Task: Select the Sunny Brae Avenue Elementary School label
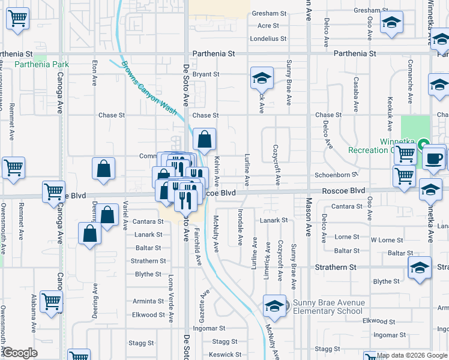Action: [x=328, y=307]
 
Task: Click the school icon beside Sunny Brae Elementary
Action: [x=275, y=306]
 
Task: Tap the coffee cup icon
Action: [x=434, y=157]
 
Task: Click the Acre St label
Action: [x=268, y=26]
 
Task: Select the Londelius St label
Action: [x=268, y=39]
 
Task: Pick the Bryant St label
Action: [x=206, y=74]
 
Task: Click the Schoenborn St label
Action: [x=336, y=175]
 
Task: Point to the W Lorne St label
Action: [x=382, y=240]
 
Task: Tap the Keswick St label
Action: [x=225, y=355]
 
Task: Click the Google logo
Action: [x=19, y=353]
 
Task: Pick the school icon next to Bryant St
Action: [x=261, y=78]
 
